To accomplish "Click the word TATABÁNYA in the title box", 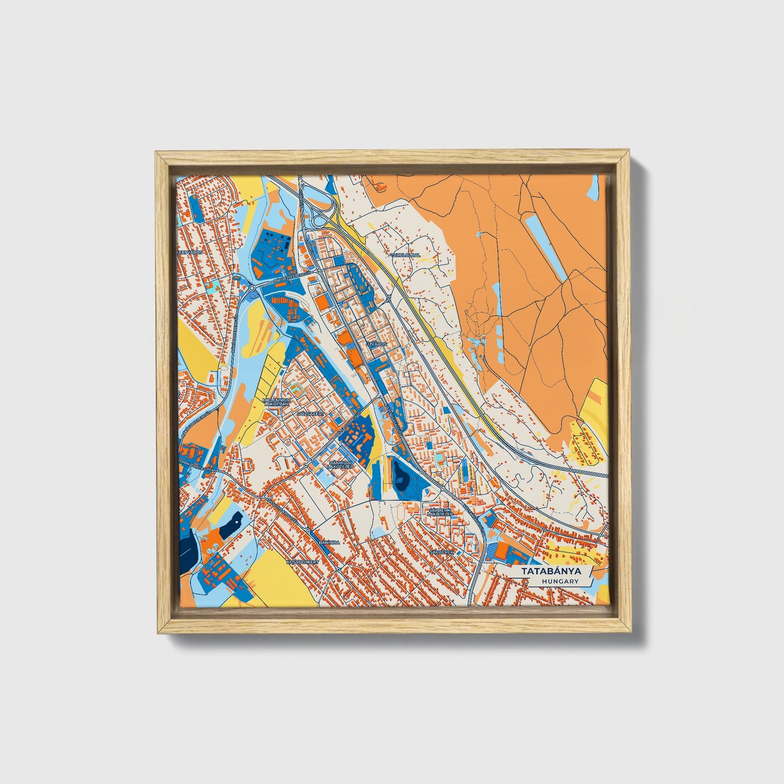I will (x=551, y=571).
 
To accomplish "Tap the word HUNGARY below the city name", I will (x=559, y=582).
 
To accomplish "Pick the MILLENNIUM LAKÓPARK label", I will (x=277, y=402).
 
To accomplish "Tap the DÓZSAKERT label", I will (x=311, y=413).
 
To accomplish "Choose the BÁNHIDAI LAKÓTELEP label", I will (x=340, y=465).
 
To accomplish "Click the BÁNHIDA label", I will (x=329, y=542).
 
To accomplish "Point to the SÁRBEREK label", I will (x=441, y=552).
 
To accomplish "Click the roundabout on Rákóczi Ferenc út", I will (x=252, y=288).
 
